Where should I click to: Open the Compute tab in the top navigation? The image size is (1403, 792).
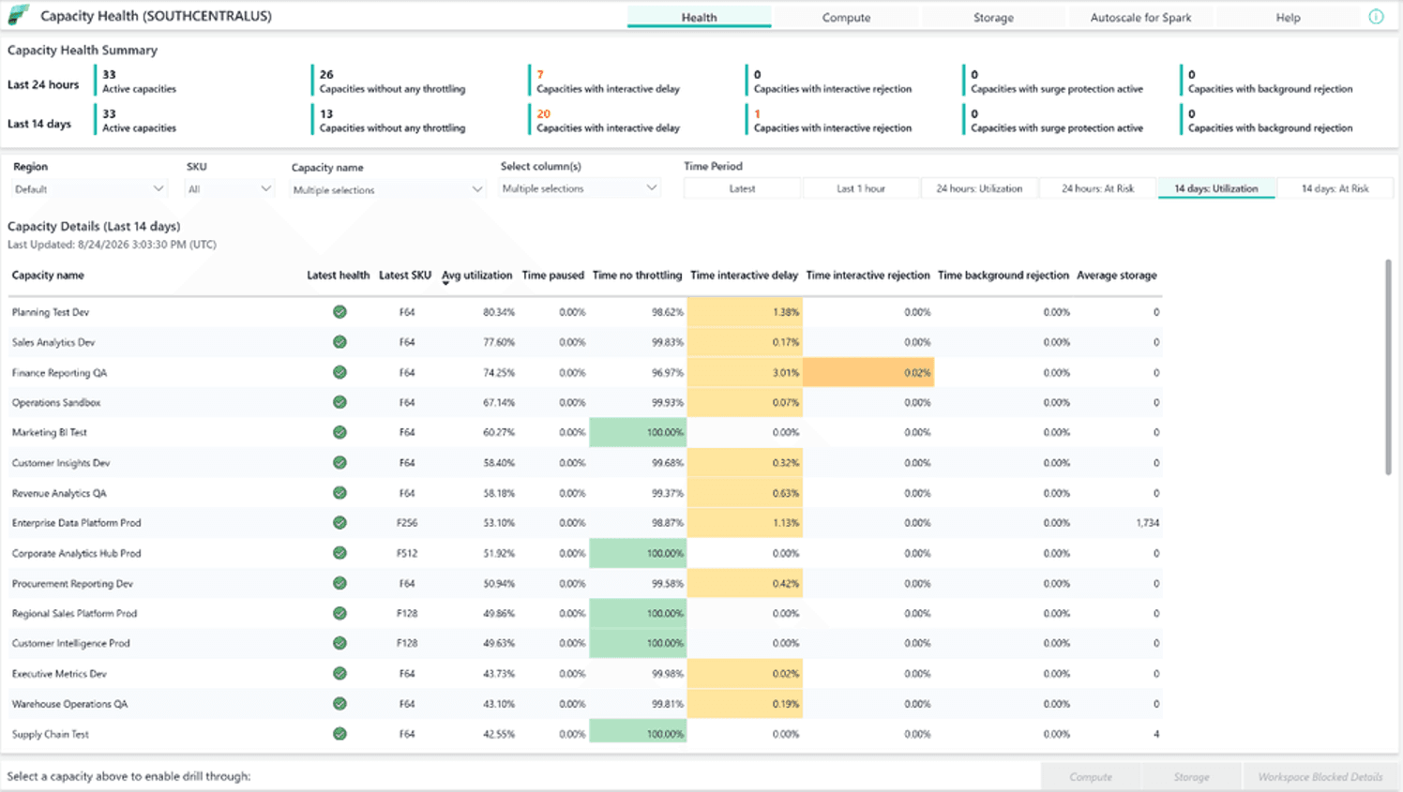(x=846, y=18)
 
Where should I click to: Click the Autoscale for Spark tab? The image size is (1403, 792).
(x=1140, y=18)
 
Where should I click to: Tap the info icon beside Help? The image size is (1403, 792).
(x=1376, y=17)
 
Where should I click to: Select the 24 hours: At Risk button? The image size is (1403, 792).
(x=1097, y=188)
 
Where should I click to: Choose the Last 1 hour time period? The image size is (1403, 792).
(x=861, y=188)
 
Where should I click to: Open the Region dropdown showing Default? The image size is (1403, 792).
(x=89, y=189)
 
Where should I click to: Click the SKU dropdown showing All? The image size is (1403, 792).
(x=229, y=189)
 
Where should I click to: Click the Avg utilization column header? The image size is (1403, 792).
(x=476, y=276)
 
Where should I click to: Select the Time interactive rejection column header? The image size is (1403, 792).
(x=867, y=276)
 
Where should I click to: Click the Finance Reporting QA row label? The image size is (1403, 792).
(x=59, y=373)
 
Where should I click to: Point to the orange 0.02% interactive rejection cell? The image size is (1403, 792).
(x=868, y=372)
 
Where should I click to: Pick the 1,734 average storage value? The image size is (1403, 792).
(x=1148, y=523)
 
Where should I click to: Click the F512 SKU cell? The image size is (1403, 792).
(x=406, y=553)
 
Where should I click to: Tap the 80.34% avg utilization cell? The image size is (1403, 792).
(x=499, y=312)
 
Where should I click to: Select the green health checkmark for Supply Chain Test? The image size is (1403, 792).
(x=339, y=734)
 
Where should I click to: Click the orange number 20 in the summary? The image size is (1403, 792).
(x=543, y=114)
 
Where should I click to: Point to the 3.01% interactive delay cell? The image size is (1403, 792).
(x=745, y=372)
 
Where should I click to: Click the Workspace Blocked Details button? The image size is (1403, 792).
(x=1320, y=777)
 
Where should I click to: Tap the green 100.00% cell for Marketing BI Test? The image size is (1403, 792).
(x=638, y=433)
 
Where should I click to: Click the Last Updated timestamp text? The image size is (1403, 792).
(x=113, y=245)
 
